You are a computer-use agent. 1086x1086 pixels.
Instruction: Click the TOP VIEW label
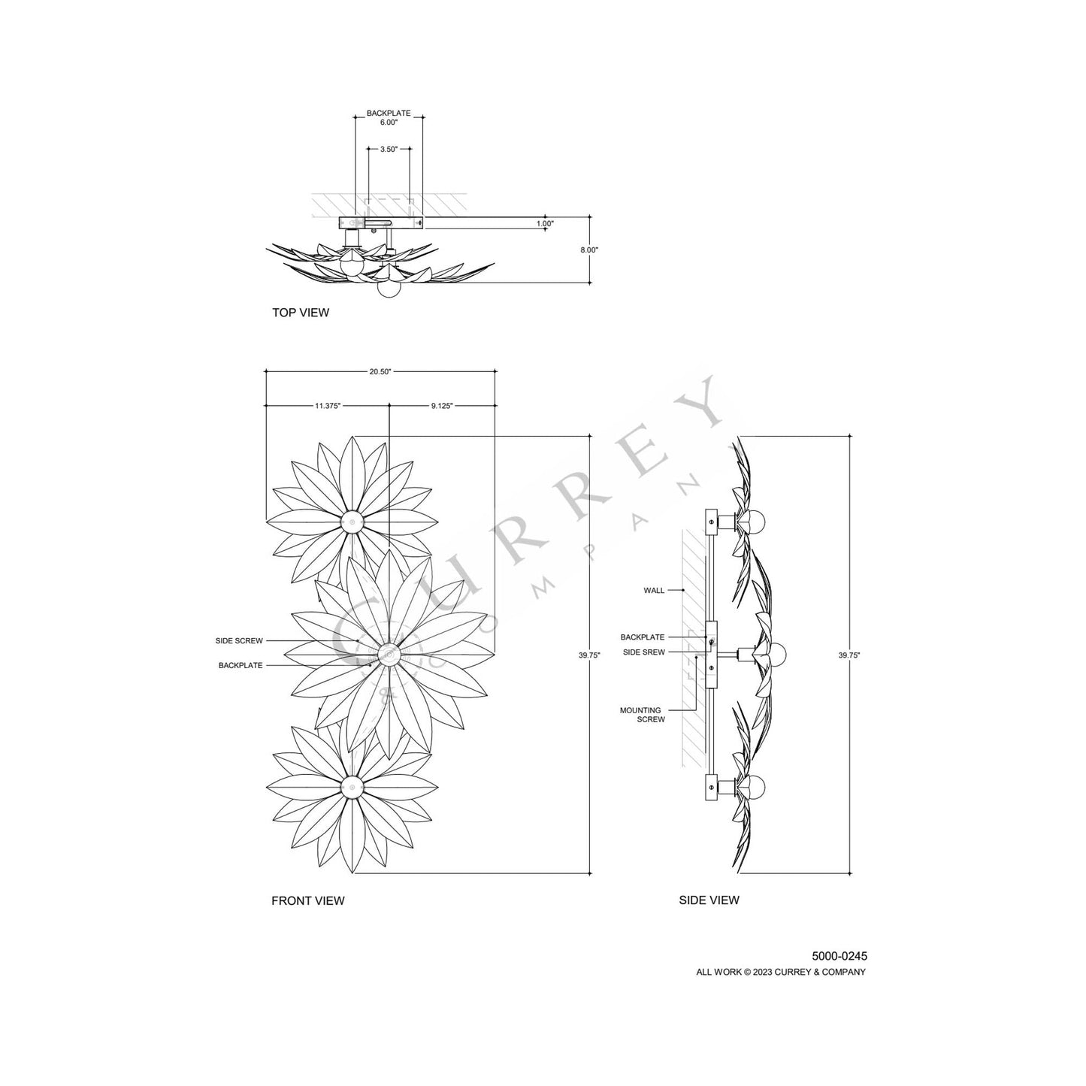pos(301,312)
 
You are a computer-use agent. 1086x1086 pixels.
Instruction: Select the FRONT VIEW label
pos(308,900)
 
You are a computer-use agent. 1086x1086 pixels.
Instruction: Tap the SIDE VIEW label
pos(709,900)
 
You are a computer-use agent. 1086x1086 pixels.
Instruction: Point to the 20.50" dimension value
pos(380,371)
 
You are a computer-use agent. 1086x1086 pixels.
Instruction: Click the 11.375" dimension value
pos(327,405)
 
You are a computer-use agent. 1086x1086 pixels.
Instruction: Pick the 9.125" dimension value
pos(442,405)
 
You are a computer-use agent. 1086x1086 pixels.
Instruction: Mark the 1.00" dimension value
pos(545,223)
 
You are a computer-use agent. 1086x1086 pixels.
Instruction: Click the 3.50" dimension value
pos(389,149)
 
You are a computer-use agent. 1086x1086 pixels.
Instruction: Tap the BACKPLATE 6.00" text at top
pos(389,118)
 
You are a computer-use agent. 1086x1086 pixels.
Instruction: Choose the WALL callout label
pos(654,591)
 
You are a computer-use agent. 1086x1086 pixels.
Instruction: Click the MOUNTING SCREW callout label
pos(640,715)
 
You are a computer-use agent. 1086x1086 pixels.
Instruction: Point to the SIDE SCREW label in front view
pos(239,641)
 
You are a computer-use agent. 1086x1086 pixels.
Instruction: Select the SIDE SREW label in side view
pos(644,652)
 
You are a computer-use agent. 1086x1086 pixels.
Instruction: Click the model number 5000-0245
pos(839,957)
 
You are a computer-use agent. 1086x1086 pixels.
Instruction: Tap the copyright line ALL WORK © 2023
pos(781,972)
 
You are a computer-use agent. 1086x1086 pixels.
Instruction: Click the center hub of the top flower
pos(352,522)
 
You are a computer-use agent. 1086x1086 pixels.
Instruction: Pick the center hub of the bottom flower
pos(352,787)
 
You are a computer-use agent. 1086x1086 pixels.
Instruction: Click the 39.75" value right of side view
pos(849,655)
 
